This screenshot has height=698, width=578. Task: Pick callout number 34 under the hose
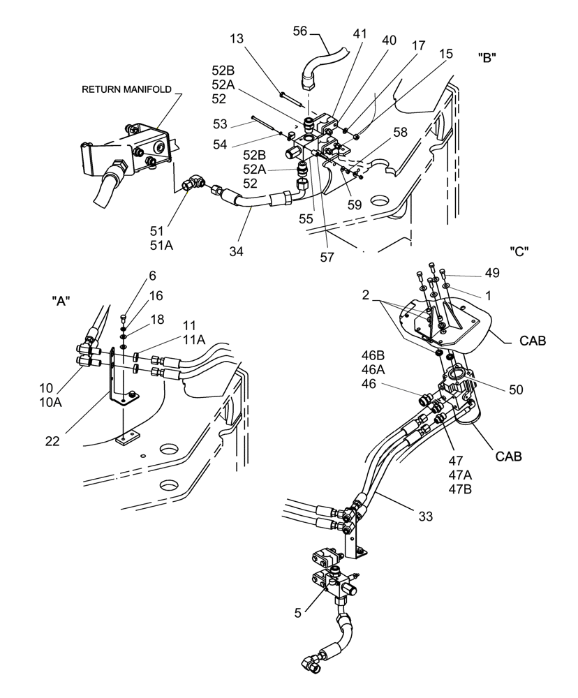237,251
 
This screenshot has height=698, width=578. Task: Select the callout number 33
426,517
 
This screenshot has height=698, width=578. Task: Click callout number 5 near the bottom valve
299,614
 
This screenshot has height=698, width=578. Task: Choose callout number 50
516,389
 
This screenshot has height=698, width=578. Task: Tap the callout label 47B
460,489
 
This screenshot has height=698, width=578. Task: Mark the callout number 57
326,256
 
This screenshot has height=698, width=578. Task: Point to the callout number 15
445,53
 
